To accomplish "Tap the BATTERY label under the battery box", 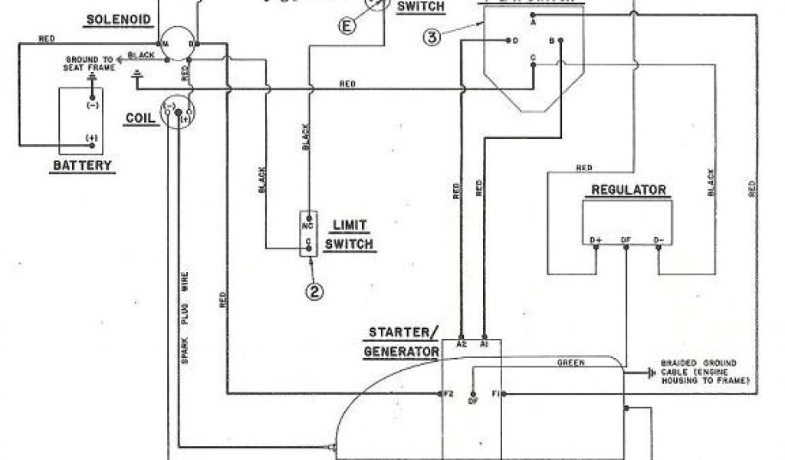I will tap(81, 165).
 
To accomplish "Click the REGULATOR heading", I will tap(629, 190).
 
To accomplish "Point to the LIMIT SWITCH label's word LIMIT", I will tap(349, 225).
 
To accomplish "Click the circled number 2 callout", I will tap(313, 291).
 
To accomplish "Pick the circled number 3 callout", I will tap(433, 36).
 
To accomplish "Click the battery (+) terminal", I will tap(93, 138).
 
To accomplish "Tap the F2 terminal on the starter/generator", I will tap(448, 393).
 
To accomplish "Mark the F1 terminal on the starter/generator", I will tap(497, 393).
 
